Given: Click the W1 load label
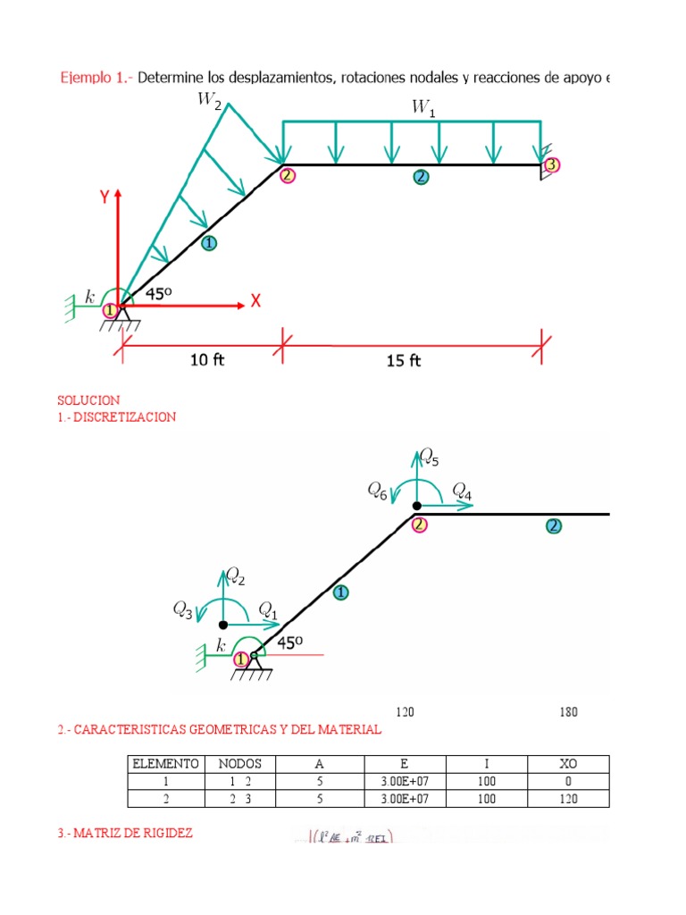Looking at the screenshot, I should (x=422, y=107).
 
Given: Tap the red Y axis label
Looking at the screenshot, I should (x=105, y=198).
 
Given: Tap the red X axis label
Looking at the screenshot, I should (x=255, y=302).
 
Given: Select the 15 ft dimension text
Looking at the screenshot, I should (x=403, y=360).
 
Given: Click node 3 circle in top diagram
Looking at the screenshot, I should (x=551, y=164).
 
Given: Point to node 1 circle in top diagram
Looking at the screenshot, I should (x=110, y=310).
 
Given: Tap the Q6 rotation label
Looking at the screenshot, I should (x=378, y=490).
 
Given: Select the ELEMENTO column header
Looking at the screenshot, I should (x=164, y=764).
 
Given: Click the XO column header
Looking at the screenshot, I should (x=567, y=764).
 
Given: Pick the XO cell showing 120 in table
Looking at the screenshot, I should (x=567, y=798).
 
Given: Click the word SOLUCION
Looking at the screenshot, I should (x=88, y=400).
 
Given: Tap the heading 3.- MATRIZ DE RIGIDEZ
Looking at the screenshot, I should (x=125, y=833).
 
